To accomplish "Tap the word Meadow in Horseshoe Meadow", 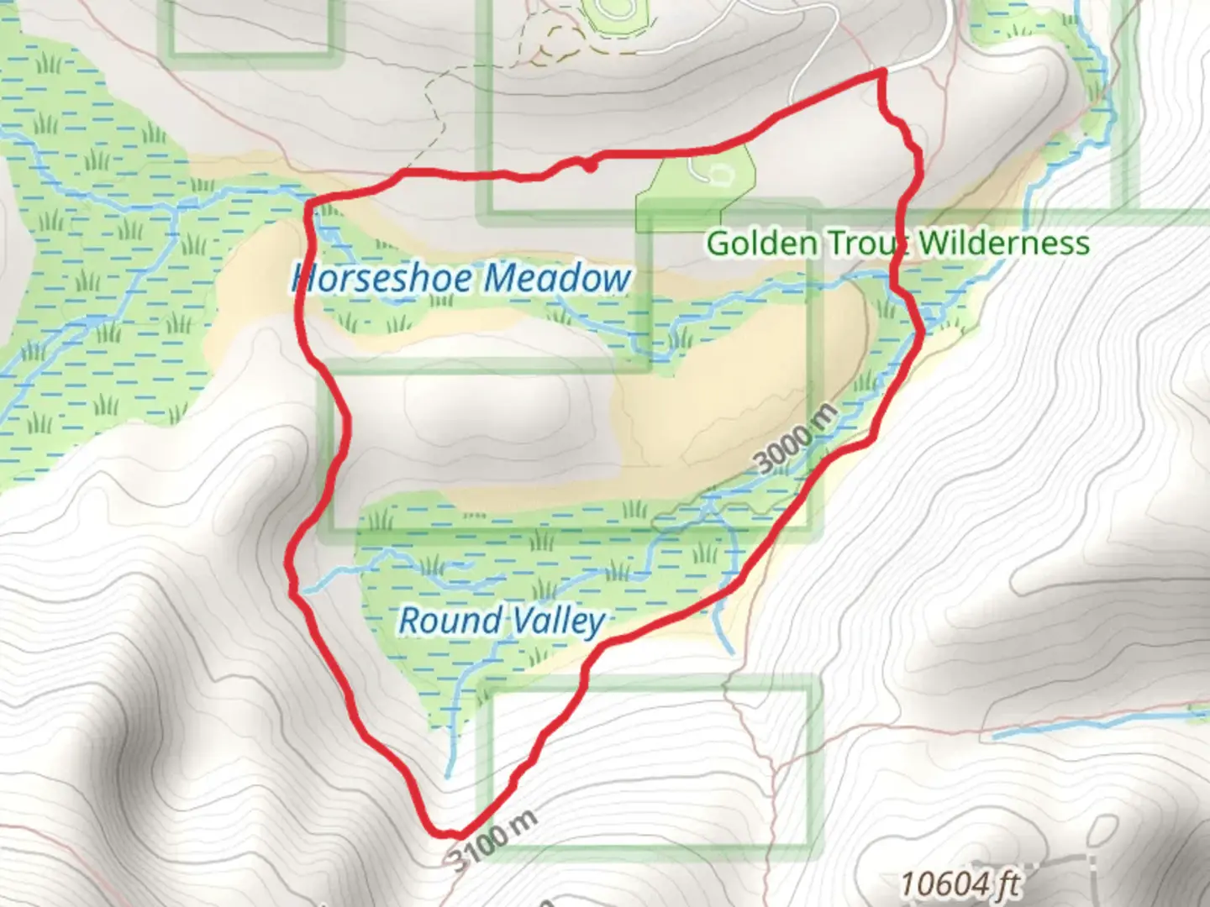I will coord(558,278).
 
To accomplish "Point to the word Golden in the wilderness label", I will coord(761,244).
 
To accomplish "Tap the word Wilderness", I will coord(1003,244).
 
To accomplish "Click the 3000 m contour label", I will coord(795,439).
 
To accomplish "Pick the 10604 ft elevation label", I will coord(960,883).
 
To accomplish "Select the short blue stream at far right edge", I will coord(1197,715).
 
